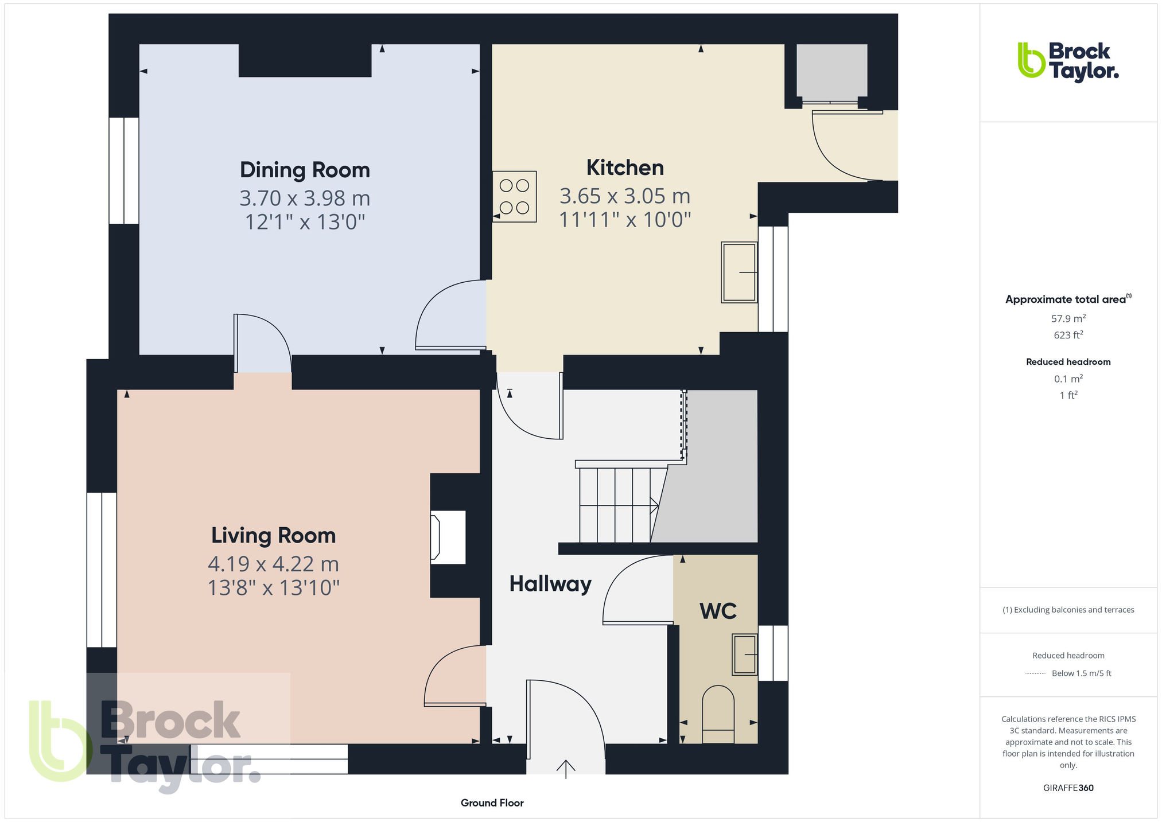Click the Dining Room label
[305, 170]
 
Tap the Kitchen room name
[625, 167]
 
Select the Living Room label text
[273, 536]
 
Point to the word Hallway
[550, 584]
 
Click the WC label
[718, 611]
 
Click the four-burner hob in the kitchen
[514, 196]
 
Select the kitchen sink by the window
[739, 272]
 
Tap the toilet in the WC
[718, 715]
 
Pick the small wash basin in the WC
[745, 655]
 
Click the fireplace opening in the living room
[448, 537]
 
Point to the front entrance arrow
[566, 769]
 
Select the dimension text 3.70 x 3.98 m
[305, 198]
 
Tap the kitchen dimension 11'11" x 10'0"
[625, 220]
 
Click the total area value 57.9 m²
[1068, 318]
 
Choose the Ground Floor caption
[492, 803]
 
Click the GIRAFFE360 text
[1068, 788]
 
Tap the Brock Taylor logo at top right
[1068, 61]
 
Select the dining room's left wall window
[124, 171]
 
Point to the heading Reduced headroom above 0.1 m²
[1068, 362]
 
